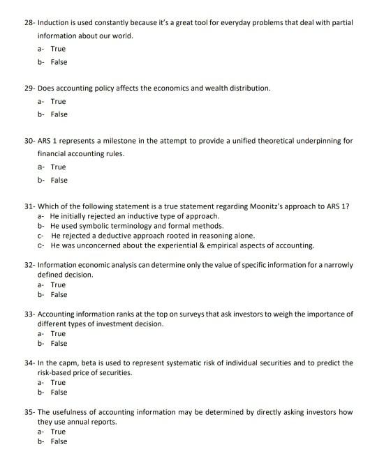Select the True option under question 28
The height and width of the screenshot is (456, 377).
[58, 50]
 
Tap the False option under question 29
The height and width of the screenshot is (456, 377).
[59, 114]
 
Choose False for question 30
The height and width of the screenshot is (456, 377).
[59, 181]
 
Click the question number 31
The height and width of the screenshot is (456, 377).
[28, 206]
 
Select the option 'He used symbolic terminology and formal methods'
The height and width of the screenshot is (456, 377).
[137, 226]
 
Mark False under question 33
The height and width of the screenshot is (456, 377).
[59, 343]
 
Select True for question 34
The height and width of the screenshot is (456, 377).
[58, 382]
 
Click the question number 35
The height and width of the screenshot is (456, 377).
[28, 412]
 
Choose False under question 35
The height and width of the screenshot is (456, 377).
[59, 441]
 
